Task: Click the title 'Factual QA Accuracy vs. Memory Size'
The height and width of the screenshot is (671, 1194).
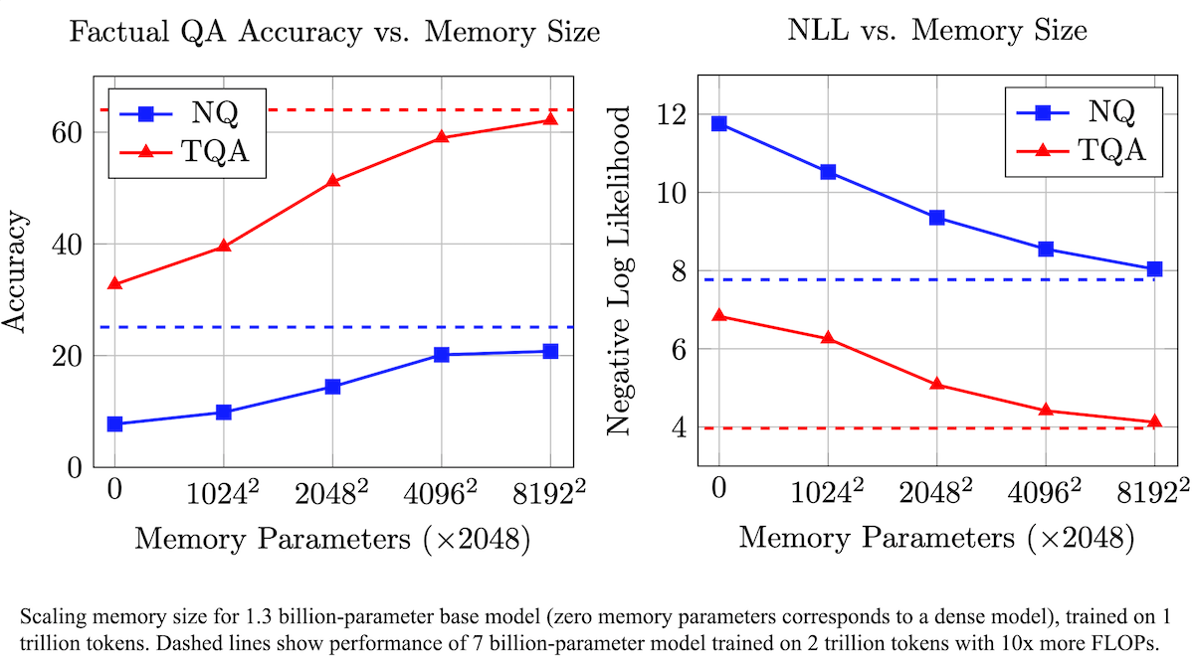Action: click(333, 32)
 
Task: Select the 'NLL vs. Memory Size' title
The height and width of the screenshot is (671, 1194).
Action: click(936, 31)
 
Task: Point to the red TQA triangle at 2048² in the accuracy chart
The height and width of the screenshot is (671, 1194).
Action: click(333, 181)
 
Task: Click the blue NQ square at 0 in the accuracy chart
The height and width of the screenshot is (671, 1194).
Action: click(114, 424)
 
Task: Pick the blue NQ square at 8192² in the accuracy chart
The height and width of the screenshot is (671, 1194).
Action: click(550, 351)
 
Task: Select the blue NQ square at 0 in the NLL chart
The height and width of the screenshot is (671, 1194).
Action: click(719, 123)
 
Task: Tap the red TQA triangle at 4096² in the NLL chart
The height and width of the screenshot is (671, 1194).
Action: click(1046, 410)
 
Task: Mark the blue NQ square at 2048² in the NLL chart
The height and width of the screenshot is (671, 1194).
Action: click(936, 218)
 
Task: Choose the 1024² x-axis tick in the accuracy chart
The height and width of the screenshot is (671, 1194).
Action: click(223, 494)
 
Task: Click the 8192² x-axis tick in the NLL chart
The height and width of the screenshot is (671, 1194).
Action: click(1155, 494)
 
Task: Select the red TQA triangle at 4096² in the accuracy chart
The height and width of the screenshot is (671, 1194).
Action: click(442, 136)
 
